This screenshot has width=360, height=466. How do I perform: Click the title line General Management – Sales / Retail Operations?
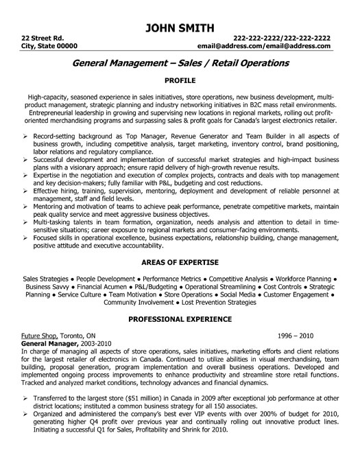pyautogui.click(x=180, y=62)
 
